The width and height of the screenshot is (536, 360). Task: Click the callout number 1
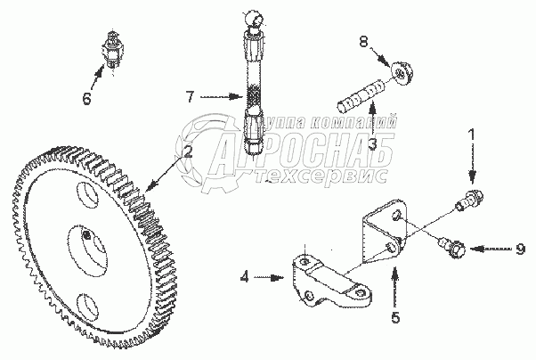472,136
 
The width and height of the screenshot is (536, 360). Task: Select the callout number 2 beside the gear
187,151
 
